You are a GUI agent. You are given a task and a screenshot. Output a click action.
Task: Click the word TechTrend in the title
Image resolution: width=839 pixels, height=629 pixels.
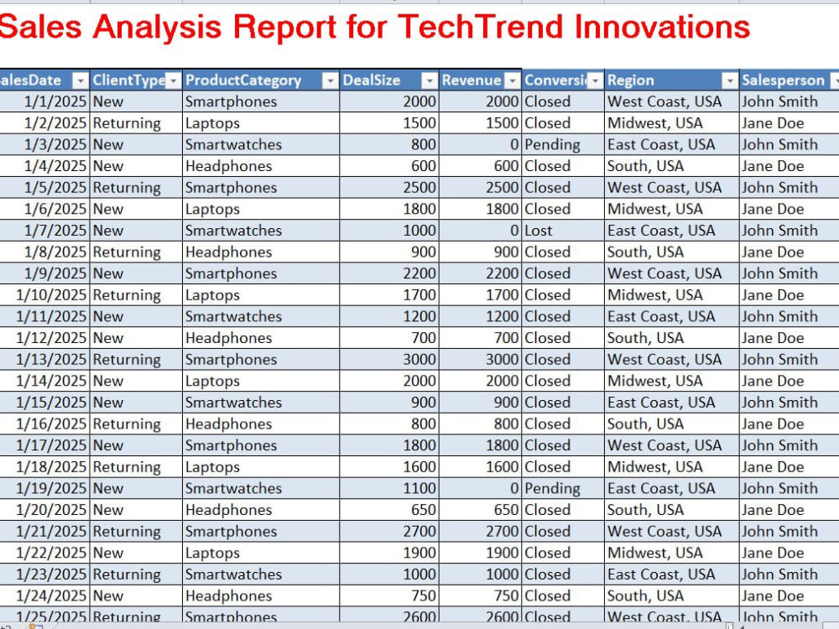[480, 27]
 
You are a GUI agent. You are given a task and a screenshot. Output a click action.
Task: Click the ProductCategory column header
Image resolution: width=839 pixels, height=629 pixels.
[243, 81]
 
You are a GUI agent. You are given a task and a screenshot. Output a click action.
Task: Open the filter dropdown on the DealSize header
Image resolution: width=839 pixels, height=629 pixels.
[429, 81]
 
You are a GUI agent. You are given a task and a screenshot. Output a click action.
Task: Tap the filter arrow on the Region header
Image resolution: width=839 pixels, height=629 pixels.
[729, 81]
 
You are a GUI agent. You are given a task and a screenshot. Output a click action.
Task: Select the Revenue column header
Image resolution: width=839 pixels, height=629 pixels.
[472, 81]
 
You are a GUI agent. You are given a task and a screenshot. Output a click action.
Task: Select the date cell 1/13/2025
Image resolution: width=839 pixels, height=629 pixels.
[51, 360]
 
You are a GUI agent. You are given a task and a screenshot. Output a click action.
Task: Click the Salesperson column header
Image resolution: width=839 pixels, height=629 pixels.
[783, 81]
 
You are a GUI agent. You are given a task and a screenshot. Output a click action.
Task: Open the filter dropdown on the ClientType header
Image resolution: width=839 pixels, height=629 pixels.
[173, 81]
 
